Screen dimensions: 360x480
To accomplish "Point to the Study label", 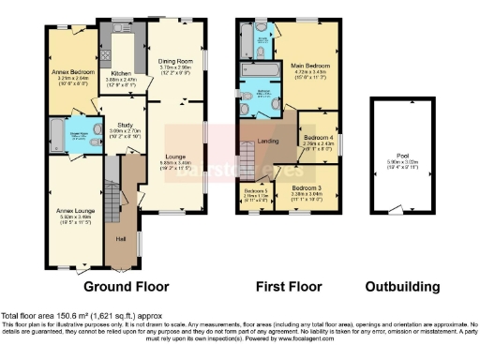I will point(127,123).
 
